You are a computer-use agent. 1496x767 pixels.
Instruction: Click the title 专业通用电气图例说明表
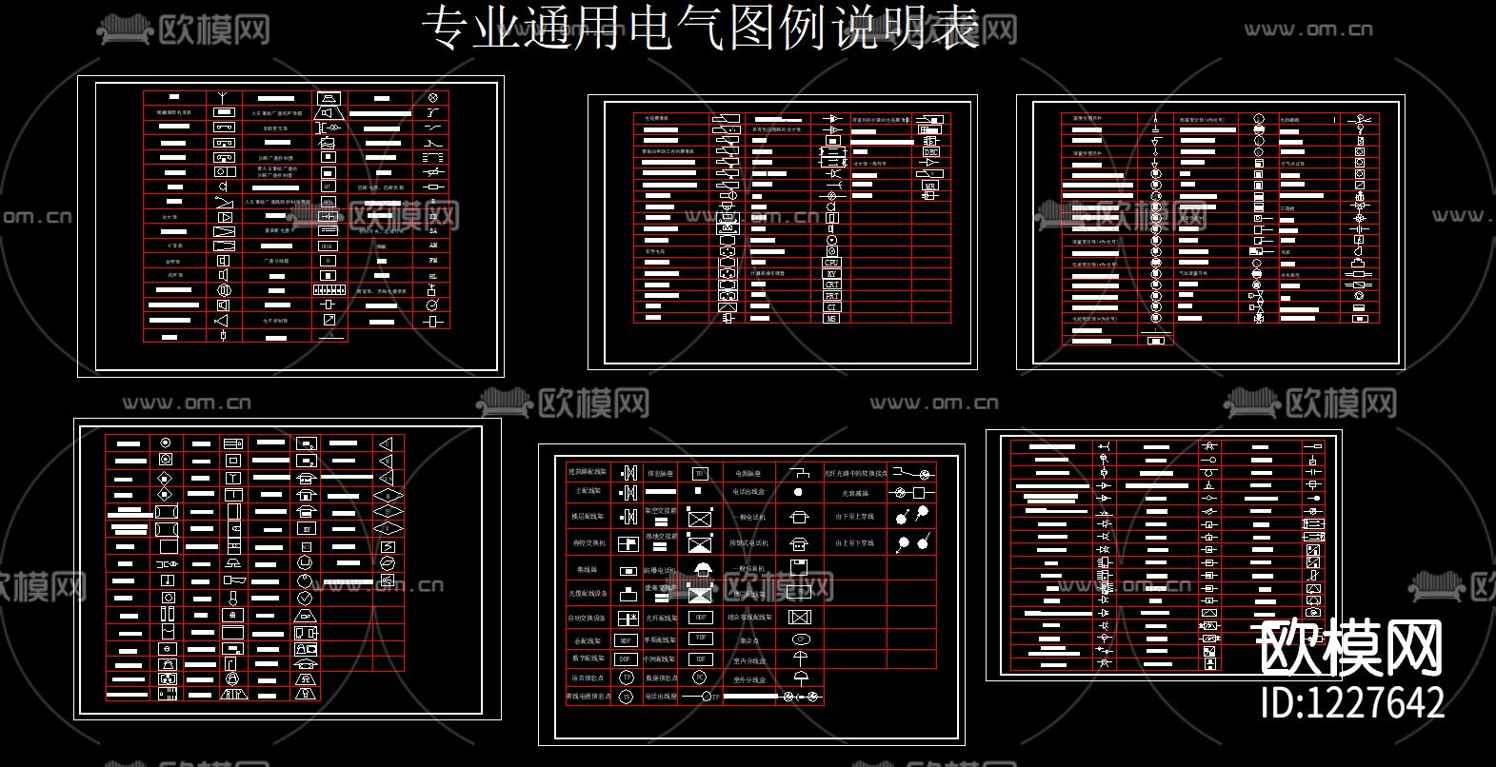(x=702, y=29)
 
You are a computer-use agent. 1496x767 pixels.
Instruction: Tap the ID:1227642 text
(x=1352, y=702)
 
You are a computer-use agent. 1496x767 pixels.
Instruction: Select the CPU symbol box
(x=831, y=263)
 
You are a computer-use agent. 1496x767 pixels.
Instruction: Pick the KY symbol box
(x=831, y=274)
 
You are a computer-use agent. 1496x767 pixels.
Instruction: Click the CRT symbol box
(x=831, y=285)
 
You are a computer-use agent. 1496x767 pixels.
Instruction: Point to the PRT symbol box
(x=831, y=296)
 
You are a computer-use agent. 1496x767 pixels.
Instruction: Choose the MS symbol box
(x=831, y=319)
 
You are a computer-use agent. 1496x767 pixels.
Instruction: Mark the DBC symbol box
(x=930, y=152)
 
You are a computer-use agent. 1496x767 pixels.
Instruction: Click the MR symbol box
(x=930, y=187)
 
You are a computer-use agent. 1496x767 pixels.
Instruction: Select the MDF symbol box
(x=626, y=640)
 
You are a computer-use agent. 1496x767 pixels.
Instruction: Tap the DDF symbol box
(x=626, y=659)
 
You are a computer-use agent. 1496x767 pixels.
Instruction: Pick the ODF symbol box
(x=701, y=618)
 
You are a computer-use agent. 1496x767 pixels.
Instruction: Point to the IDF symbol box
(x=701, y=659)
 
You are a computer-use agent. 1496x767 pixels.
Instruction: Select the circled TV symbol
(x=626, y=697)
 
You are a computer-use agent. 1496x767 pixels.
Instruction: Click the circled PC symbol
(x=699, y=678)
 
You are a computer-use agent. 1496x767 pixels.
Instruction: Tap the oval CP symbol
(x=800, y=639)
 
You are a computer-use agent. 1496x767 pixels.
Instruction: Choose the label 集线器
(x=587, y=569)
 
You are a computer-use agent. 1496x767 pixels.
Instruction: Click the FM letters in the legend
(x=433, y=260)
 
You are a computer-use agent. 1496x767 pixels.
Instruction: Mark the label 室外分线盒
(x=749, y=679)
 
